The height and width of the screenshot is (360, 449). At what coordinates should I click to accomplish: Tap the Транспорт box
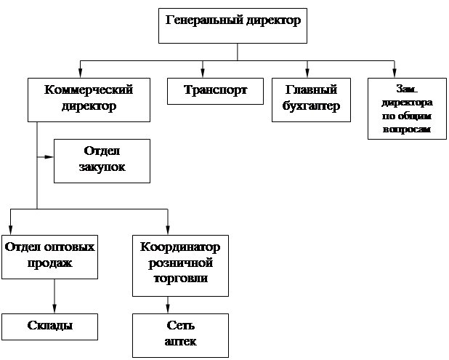point(215,91)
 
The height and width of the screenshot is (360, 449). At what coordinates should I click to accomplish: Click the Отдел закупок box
point(102,160)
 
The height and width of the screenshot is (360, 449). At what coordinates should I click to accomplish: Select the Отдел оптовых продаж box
point(49,256)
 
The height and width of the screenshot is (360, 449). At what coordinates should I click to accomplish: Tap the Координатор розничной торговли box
point(180,265)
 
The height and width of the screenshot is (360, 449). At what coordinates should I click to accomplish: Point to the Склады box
point(49,325)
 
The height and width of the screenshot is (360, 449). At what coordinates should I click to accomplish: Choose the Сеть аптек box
point(180,334)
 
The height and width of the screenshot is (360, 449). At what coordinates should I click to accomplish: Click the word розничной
point(180,263)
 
